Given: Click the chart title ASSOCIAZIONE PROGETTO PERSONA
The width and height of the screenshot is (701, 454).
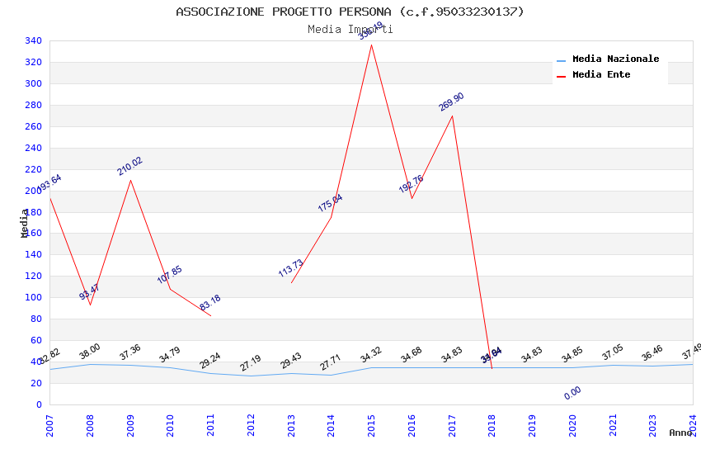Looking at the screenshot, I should pyautogui.click(x=350, y=12).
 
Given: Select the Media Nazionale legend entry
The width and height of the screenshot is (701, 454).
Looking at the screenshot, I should pyautogui.click(x=615, y=59).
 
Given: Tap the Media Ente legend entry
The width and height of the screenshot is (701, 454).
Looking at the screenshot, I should pyautogui.click(x=601, y=75).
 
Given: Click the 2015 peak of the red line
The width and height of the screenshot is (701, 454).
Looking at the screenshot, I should pyautogui.click(x=372, y=44).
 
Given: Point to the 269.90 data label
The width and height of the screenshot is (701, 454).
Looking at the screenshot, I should pyautogui.click(x=451, y=102).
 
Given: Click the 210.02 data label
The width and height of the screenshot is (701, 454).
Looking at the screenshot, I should pyautogui.click(x=129, y=166).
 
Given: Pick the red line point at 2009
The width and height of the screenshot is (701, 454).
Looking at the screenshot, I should pyautogui.click(x=130, y=180).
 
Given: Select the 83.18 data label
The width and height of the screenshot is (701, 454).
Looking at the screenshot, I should pyautogui.click(x=210, y=303).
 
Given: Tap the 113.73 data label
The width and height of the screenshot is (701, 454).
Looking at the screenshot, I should pyautogui.click(x=291, y=267).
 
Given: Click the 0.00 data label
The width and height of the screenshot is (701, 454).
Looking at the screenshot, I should pyautogui.click(x=572, y=393).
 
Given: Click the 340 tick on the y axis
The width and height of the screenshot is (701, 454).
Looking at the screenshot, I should pyautogui.click(x=33, y=41).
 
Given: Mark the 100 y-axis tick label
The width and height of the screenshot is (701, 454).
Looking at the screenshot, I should pyautogui.click(x=33, y=298).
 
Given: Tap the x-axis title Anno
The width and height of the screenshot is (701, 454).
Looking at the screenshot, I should pyautogui.click(x=680, y=433).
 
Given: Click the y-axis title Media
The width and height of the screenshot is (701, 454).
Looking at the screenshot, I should pyautogui.click(x=25, y=223).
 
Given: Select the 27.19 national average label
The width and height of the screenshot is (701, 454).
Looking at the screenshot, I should pyautogui.click(x=251, y=363).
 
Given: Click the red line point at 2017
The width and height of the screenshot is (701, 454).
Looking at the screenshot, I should pyautogui.click(x=452, y=116).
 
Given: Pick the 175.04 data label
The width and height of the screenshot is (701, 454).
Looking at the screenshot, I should pyautogui.click(x=330, y=203).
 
